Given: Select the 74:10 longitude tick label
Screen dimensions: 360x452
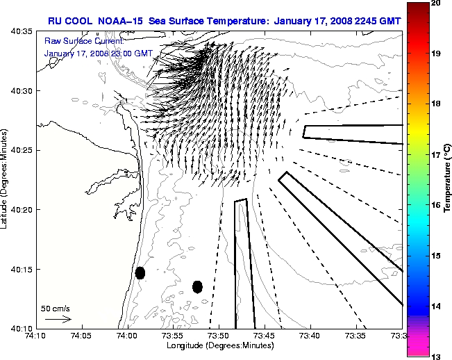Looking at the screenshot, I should pyautogui.click(x=37, y=336).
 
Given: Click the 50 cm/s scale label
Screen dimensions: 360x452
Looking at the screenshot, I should pyautogui.click(x=56, y=308).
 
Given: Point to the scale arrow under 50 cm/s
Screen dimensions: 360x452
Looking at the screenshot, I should pyautogui.click(x=58, y=319).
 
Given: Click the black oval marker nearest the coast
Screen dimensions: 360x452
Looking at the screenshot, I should pyautogui.click(x=140, y=272).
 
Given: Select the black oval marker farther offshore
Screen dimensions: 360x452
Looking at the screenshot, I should pyautogui.click(x=197, y=286).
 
